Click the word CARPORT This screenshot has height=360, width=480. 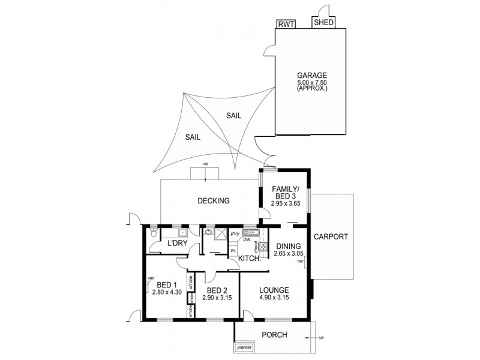(x=331, y=236)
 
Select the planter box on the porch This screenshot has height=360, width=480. (x=244, y=347)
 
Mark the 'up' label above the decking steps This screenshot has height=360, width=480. (x=205, y=164)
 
